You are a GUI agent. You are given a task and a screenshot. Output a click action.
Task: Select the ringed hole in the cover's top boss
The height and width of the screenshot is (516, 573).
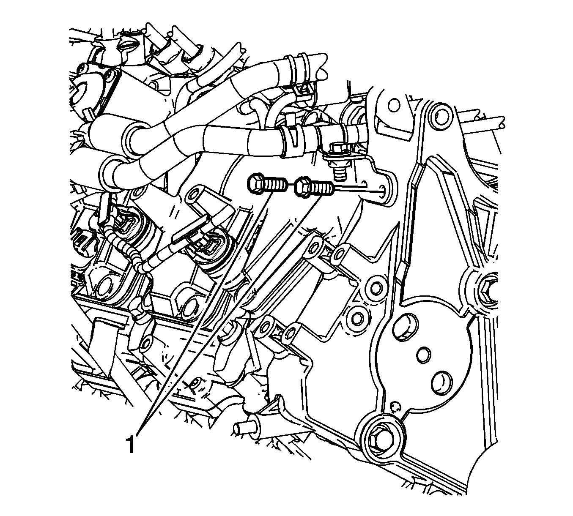click(441, 117)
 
